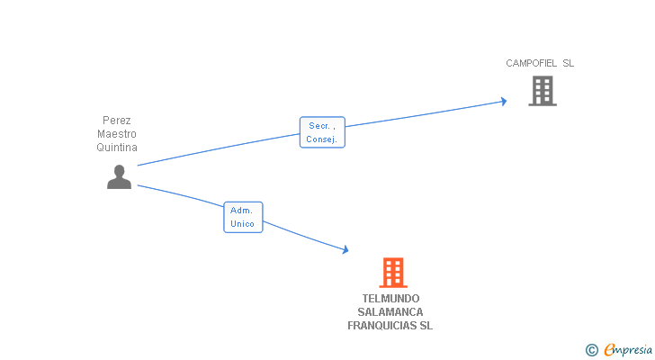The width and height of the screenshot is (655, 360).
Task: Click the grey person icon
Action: point(119,177)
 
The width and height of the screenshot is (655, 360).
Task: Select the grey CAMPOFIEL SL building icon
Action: point(542,91)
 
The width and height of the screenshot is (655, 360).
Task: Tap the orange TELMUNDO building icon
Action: point(392,273)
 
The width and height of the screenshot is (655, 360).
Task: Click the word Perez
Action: point(117,121)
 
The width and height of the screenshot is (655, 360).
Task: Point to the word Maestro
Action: point(117,134)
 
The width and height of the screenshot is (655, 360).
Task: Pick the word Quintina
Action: point(117,148)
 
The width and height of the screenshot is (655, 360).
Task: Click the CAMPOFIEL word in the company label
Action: point(531,63)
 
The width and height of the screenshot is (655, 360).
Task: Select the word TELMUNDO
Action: point(390,299)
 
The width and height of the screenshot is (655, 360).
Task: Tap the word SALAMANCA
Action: point(390,312)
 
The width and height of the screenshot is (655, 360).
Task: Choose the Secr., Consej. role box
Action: point(322,132)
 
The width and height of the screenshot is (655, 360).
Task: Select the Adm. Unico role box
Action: point(243,217)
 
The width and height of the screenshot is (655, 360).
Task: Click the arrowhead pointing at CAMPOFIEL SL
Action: point(503,102)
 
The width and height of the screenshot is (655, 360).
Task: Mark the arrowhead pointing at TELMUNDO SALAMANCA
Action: point(344,250)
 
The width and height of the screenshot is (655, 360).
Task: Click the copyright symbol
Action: point(591,350)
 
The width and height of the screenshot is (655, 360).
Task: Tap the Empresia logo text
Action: point(628,349)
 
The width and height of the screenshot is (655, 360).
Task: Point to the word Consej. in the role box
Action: point(322,139)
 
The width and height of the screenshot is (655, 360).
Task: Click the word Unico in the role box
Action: point(243,224)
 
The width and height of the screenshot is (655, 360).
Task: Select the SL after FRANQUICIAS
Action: point(426,326)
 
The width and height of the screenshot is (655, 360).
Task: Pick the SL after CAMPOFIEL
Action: point(568,63)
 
